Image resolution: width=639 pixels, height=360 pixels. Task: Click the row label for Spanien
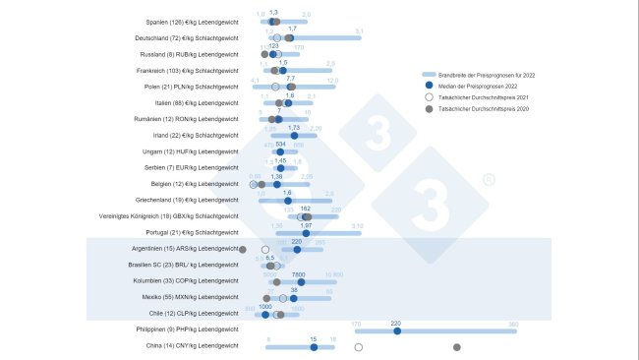192,22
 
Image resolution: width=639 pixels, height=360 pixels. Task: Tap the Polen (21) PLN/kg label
192,87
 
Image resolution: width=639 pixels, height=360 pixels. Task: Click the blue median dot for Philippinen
396,330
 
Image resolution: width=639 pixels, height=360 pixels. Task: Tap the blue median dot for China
313,346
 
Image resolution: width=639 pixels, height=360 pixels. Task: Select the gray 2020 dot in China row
456,346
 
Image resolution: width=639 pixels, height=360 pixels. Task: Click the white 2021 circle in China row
359,346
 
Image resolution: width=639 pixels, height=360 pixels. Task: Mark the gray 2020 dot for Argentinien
243,249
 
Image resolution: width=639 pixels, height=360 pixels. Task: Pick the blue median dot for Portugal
306,233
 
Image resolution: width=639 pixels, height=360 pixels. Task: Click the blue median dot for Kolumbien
301,281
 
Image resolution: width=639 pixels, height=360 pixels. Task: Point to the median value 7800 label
299,274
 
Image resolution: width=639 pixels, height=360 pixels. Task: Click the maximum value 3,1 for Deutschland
359,32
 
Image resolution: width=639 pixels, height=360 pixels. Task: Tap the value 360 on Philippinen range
513,324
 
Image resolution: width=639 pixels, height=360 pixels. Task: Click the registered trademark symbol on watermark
489,181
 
